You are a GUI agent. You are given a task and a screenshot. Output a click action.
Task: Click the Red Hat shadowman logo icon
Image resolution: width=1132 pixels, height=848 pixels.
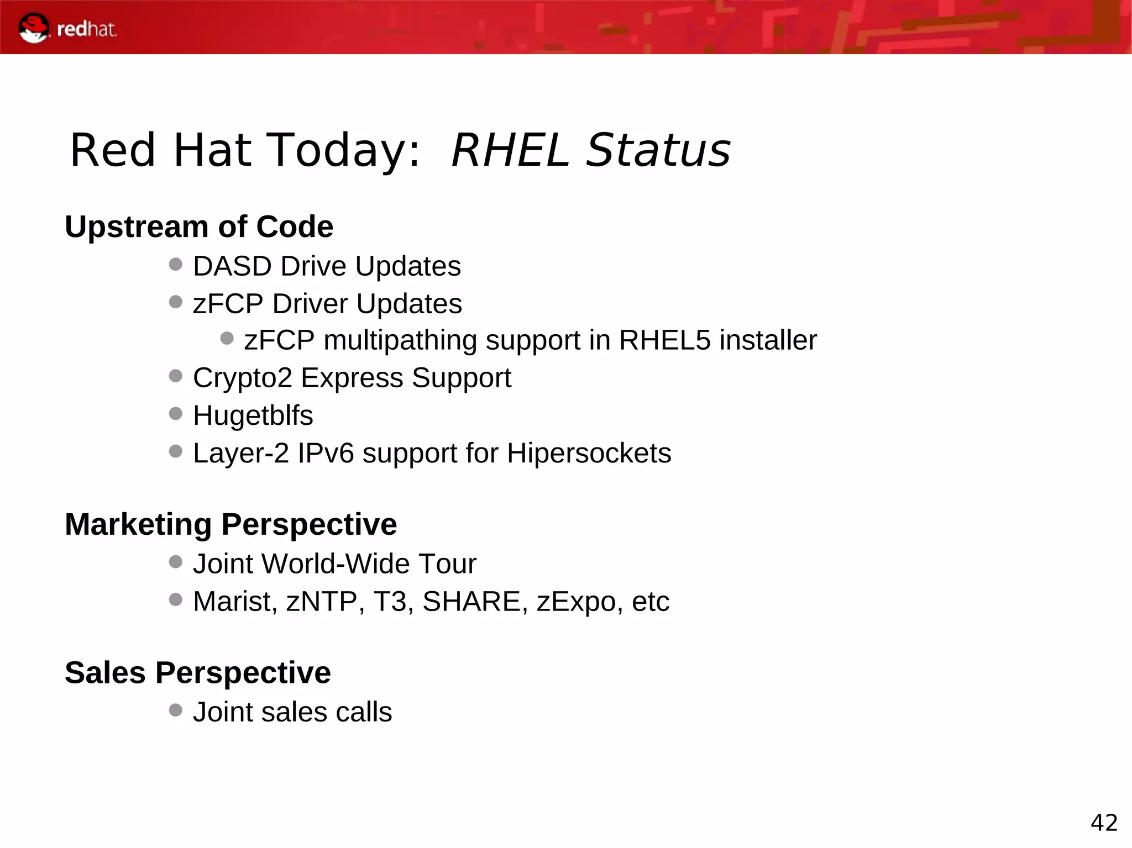(34, 28)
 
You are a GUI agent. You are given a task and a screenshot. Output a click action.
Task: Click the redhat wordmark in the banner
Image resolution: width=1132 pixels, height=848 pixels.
(87, 29)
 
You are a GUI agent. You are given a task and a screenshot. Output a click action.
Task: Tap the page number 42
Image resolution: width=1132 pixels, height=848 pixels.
(1104, 823)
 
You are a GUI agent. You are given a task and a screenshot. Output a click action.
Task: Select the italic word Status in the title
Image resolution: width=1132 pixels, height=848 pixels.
(658, 150)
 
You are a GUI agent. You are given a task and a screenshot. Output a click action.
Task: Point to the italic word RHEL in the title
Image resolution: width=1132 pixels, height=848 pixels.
(510, 150)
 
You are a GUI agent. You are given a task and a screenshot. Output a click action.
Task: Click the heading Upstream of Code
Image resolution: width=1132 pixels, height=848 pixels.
(199, 227)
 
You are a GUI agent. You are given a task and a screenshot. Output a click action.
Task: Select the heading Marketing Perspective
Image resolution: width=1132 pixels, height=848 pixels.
(230, 524)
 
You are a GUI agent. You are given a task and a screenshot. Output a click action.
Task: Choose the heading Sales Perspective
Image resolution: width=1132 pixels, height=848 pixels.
(197, 673)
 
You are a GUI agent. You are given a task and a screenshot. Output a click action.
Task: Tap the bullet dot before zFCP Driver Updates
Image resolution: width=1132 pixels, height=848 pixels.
(176, 302)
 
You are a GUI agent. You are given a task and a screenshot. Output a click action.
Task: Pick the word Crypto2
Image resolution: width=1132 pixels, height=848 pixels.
(243, 378)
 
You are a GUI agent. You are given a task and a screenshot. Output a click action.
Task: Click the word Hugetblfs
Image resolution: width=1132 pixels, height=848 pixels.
(253, 415)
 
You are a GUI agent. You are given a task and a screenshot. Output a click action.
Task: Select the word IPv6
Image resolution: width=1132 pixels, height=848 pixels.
(326, 453)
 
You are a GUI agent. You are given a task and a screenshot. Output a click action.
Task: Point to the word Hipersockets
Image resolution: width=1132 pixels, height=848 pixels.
(589, 454)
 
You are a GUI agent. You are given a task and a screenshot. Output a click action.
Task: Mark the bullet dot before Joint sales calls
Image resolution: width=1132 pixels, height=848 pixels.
(176, 710)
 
